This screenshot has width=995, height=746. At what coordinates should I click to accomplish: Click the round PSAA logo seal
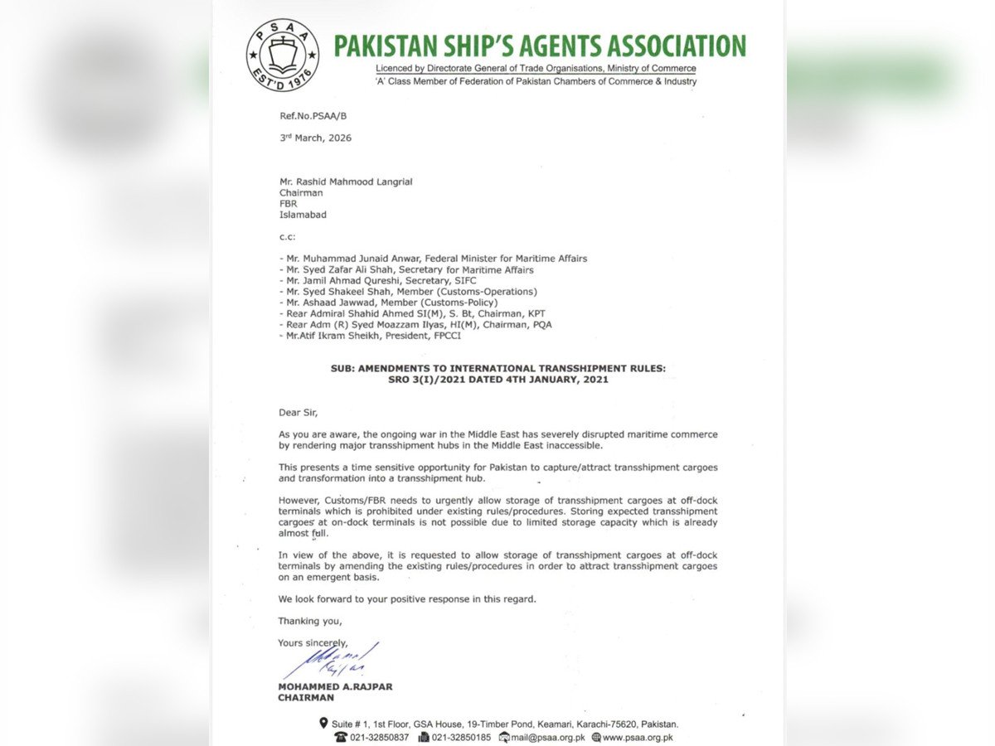[x=282, y=56]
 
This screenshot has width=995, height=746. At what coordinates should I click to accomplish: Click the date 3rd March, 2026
[x=315, y=138]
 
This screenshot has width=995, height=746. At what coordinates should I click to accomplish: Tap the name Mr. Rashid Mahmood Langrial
[x=345, y=182]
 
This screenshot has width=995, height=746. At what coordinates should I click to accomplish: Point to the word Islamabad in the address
[x=303, y=215]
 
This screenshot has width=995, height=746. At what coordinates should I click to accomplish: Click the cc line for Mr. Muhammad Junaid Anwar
[x=433, y=259]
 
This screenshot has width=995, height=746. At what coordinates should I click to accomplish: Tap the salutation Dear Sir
[x=298, y=412]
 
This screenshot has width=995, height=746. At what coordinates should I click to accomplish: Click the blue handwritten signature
[x=332, y=661]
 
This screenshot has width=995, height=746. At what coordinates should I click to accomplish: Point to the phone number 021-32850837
[x=379, y=737]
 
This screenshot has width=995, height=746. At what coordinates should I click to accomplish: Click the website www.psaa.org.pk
[x=637, y=737]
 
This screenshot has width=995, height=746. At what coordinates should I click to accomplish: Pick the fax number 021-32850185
[x=461, y=737]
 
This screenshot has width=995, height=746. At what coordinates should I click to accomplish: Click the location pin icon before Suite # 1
[x=323, y=724]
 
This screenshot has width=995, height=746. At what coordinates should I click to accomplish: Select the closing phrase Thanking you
[x=310, y=621]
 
